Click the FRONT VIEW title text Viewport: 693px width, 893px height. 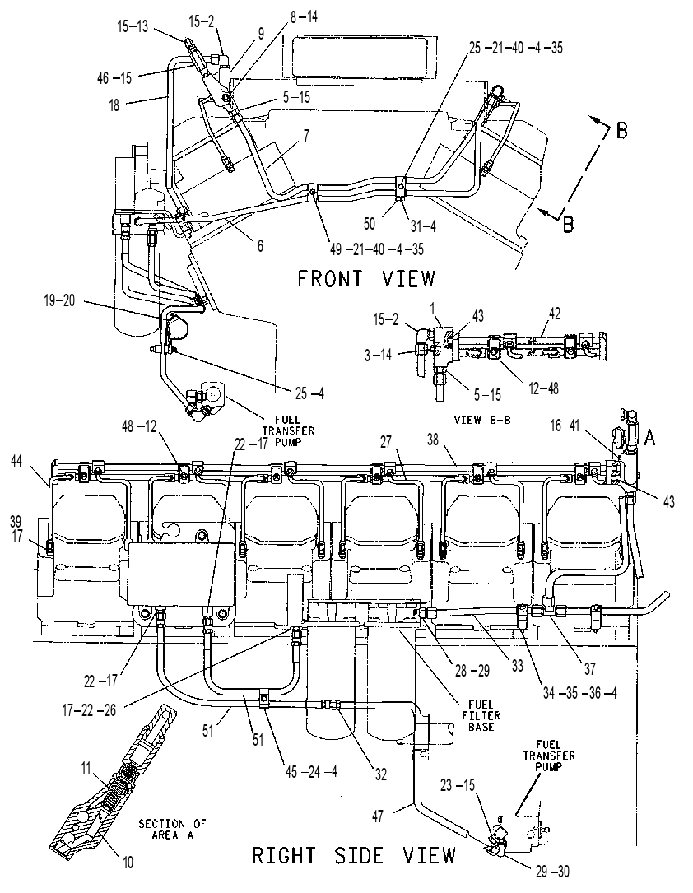[366, 278]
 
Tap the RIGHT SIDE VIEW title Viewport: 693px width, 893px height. [354, 855]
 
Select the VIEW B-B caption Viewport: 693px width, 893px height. [482, 421]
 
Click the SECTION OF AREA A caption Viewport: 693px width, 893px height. [173, 830]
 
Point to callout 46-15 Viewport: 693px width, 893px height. [114, 78]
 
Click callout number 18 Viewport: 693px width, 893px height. [114, 105]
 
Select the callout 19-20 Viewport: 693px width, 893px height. [59, 300]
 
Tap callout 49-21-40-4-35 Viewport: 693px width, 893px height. [376, 249]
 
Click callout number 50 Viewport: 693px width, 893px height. [370, 224]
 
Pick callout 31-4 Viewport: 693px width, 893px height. [423, 226]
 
